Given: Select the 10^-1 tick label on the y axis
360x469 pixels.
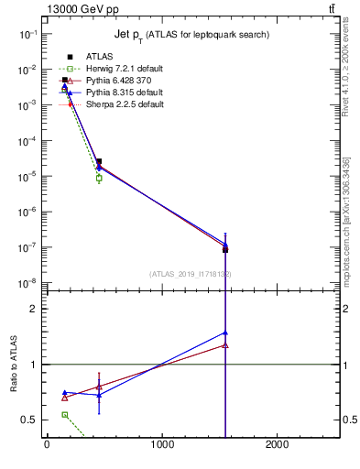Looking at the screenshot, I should click(27, 33).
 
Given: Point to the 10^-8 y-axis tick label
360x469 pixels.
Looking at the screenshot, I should click(27, 282).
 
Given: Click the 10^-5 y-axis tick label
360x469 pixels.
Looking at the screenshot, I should click(27, 175).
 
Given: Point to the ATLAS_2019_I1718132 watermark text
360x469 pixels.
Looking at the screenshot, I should click(191, 274).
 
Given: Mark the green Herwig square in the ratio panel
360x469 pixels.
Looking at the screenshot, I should click(64, 415).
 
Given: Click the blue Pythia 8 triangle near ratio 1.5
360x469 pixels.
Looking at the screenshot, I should click(225, 333).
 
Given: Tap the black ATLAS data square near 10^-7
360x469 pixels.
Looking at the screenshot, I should click(225, 249).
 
